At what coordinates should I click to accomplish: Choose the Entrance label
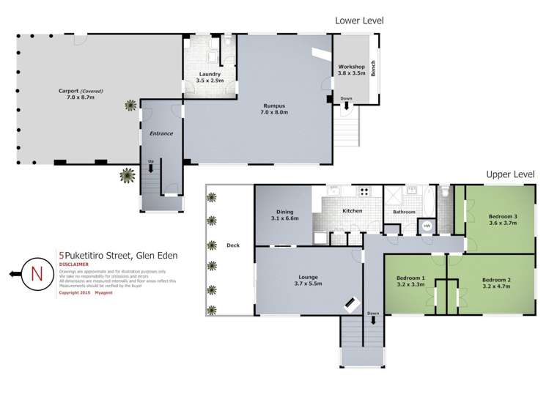pos(160,133)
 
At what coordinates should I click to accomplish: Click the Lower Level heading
pos(359,21)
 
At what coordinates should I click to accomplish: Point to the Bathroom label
pos(403,212)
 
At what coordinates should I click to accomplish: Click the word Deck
pos(233,245)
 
